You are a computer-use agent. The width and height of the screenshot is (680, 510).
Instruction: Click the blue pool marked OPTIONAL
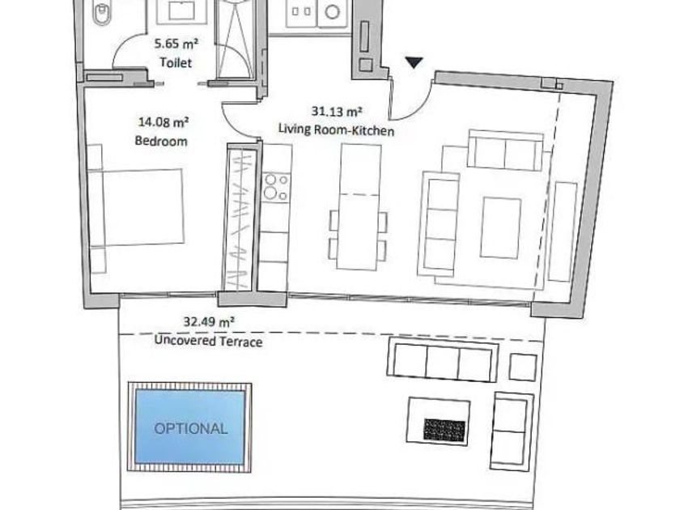tap(190, 427)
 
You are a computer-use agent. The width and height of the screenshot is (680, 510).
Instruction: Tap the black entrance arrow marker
tap(414, 62)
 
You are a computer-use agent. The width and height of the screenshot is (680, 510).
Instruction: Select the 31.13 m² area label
tap(337, 112)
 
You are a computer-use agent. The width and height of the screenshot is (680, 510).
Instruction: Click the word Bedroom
tap(161, 141)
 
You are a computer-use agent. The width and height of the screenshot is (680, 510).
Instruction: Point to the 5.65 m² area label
tap(176, 44)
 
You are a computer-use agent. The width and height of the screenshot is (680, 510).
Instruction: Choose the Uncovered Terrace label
tap(208, 341)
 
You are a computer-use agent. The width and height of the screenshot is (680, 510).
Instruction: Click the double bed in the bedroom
tap(136, 207)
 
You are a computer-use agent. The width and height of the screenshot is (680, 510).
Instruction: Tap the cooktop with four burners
tap(276, 186)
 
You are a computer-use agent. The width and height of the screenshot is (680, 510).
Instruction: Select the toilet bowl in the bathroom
tap(101, 12)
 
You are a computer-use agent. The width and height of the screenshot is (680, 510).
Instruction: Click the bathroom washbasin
tap(181, 11)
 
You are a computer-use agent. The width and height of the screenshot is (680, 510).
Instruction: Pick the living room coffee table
tap(500, 227)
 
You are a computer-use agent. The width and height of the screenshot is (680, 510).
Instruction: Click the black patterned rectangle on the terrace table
tap(444, 430)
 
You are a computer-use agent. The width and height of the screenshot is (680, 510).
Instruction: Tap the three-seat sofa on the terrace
tap(442, 362)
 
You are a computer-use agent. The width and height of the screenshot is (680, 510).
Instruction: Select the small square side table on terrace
tap(523, 367)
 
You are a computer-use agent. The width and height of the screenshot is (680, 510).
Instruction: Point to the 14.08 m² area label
tap(163, 122)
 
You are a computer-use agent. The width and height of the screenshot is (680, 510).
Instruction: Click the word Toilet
tap(176, 62)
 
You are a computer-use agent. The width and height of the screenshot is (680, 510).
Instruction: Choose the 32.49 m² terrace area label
tap(209, 322)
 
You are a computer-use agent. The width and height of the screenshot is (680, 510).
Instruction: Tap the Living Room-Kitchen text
tap(336, 130)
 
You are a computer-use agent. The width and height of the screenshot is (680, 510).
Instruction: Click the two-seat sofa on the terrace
tap(512, 431)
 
